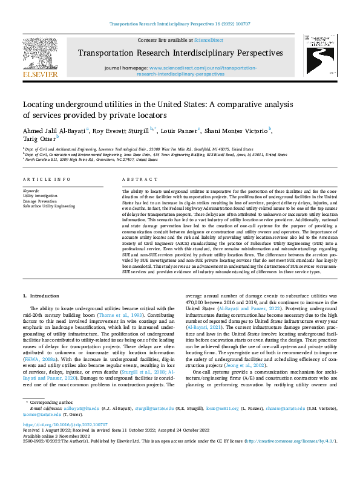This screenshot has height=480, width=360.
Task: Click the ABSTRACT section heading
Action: (x=136, y=180)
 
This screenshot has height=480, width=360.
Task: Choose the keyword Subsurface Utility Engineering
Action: (x=48, y=206)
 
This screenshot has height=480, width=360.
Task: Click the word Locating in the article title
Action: (x=41, y=104)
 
